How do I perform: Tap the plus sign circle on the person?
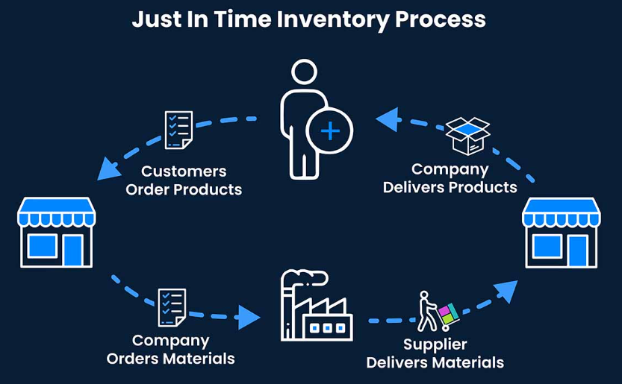[329, 131]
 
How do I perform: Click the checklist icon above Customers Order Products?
[179, 129]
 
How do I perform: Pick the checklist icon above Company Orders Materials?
[171, 307]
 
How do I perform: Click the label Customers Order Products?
[184, 180]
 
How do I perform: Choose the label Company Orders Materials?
[170, 349]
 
